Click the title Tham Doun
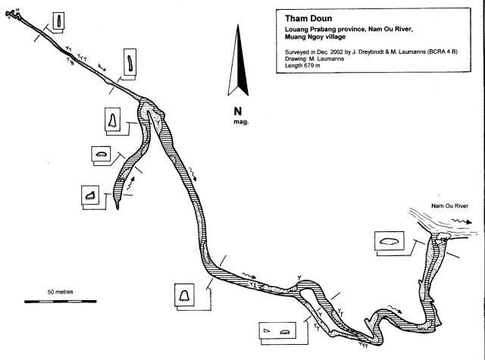click(x=304, y=16)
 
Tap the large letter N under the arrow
click(x=238, y=110)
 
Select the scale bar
click(x=53, y=301)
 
